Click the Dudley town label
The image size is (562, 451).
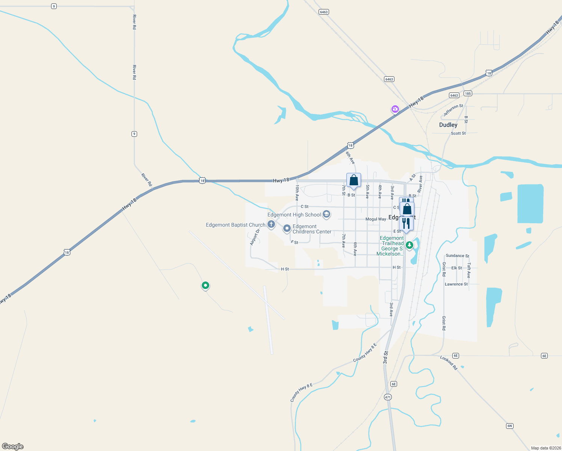(448, 125)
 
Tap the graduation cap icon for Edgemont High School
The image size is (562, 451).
(326, 215)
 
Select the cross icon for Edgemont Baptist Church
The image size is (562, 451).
(271, 225)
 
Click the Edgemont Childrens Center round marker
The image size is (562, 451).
(287, 228)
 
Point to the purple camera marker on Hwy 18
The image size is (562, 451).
(395, 109)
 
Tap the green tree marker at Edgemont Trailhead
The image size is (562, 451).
(409, 245)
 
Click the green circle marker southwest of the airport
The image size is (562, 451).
(205, 286)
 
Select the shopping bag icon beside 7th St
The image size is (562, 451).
(354, 180)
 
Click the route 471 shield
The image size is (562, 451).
(388, 397)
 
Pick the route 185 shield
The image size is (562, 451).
(467, 94)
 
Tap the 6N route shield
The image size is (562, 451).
(509, 426)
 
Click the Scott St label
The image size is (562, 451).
(458, 133)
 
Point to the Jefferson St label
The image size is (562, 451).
(453, 110)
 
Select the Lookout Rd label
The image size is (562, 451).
(449, 363)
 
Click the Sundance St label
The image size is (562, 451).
(457, 256)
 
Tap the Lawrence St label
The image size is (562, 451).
(456, 284)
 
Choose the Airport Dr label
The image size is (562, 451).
(255, 237)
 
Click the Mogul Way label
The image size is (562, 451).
(376, 219)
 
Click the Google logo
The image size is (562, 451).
(13, 446)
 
